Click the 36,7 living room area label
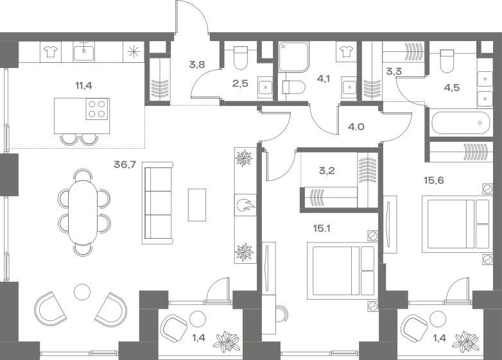(125, 165)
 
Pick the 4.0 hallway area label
(356, 127)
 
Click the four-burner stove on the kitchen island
(96, 110)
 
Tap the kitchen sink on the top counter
(84, 51)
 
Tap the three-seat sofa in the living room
(158, 204)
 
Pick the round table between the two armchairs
(82, 292)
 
